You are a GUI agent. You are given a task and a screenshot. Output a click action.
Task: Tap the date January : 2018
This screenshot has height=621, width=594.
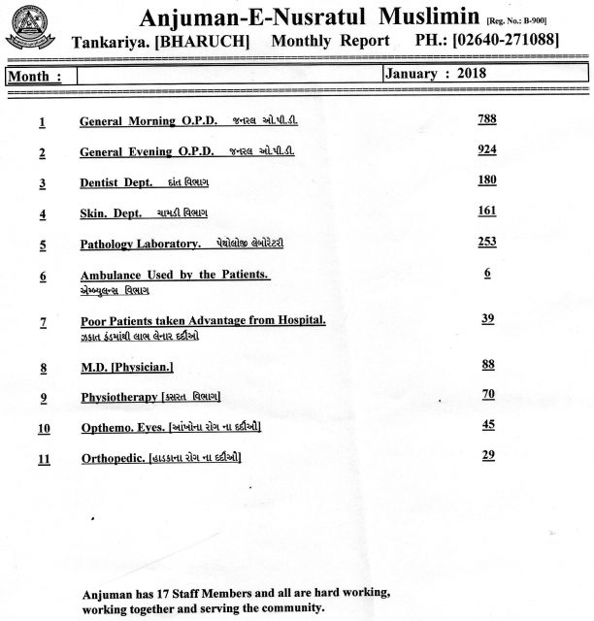click(x=436, y=74)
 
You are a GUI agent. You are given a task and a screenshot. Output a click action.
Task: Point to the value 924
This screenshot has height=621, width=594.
click(x=487, y=150)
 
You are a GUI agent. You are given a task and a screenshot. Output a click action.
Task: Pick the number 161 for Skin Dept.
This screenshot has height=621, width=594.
click(x=487, y=211)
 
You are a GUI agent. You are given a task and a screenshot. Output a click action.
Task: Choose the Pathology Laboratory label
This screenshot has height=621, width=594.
click(x=141, y=245)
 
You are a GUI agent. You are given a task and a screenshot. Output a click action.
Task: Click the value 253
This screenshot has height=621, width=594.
click(x=487, y=241)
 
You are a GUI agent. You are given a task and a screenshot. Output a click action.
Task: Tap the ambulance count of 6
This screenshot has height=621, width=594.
click(x=487, y=274)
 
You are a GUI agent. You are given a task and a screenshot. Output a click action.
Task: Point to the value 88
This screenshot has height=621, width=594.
click(x=487, y=364)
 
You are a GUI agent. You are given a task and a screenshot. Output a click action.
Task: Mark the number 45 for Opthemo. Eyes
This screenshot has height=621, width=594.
click(x=487, y=424)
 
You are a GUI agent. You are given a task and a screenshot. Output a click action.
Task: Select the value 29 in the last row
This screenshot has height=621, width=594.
click(x=487, y=454)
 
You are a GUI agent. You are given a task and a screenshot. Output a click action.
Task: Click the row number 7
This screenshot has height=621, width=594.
click(x=43, y=323)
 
